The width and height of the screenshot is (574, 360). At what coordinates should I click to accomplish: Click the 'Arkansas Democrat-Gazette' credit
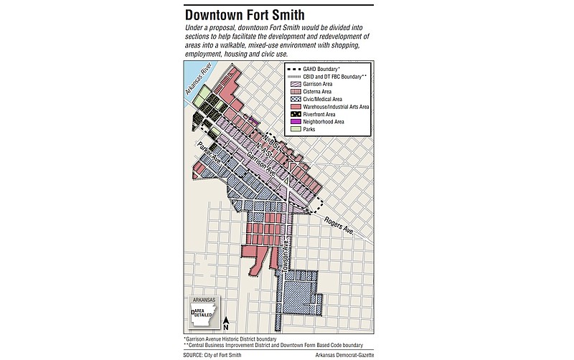(x=347, y=354)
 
